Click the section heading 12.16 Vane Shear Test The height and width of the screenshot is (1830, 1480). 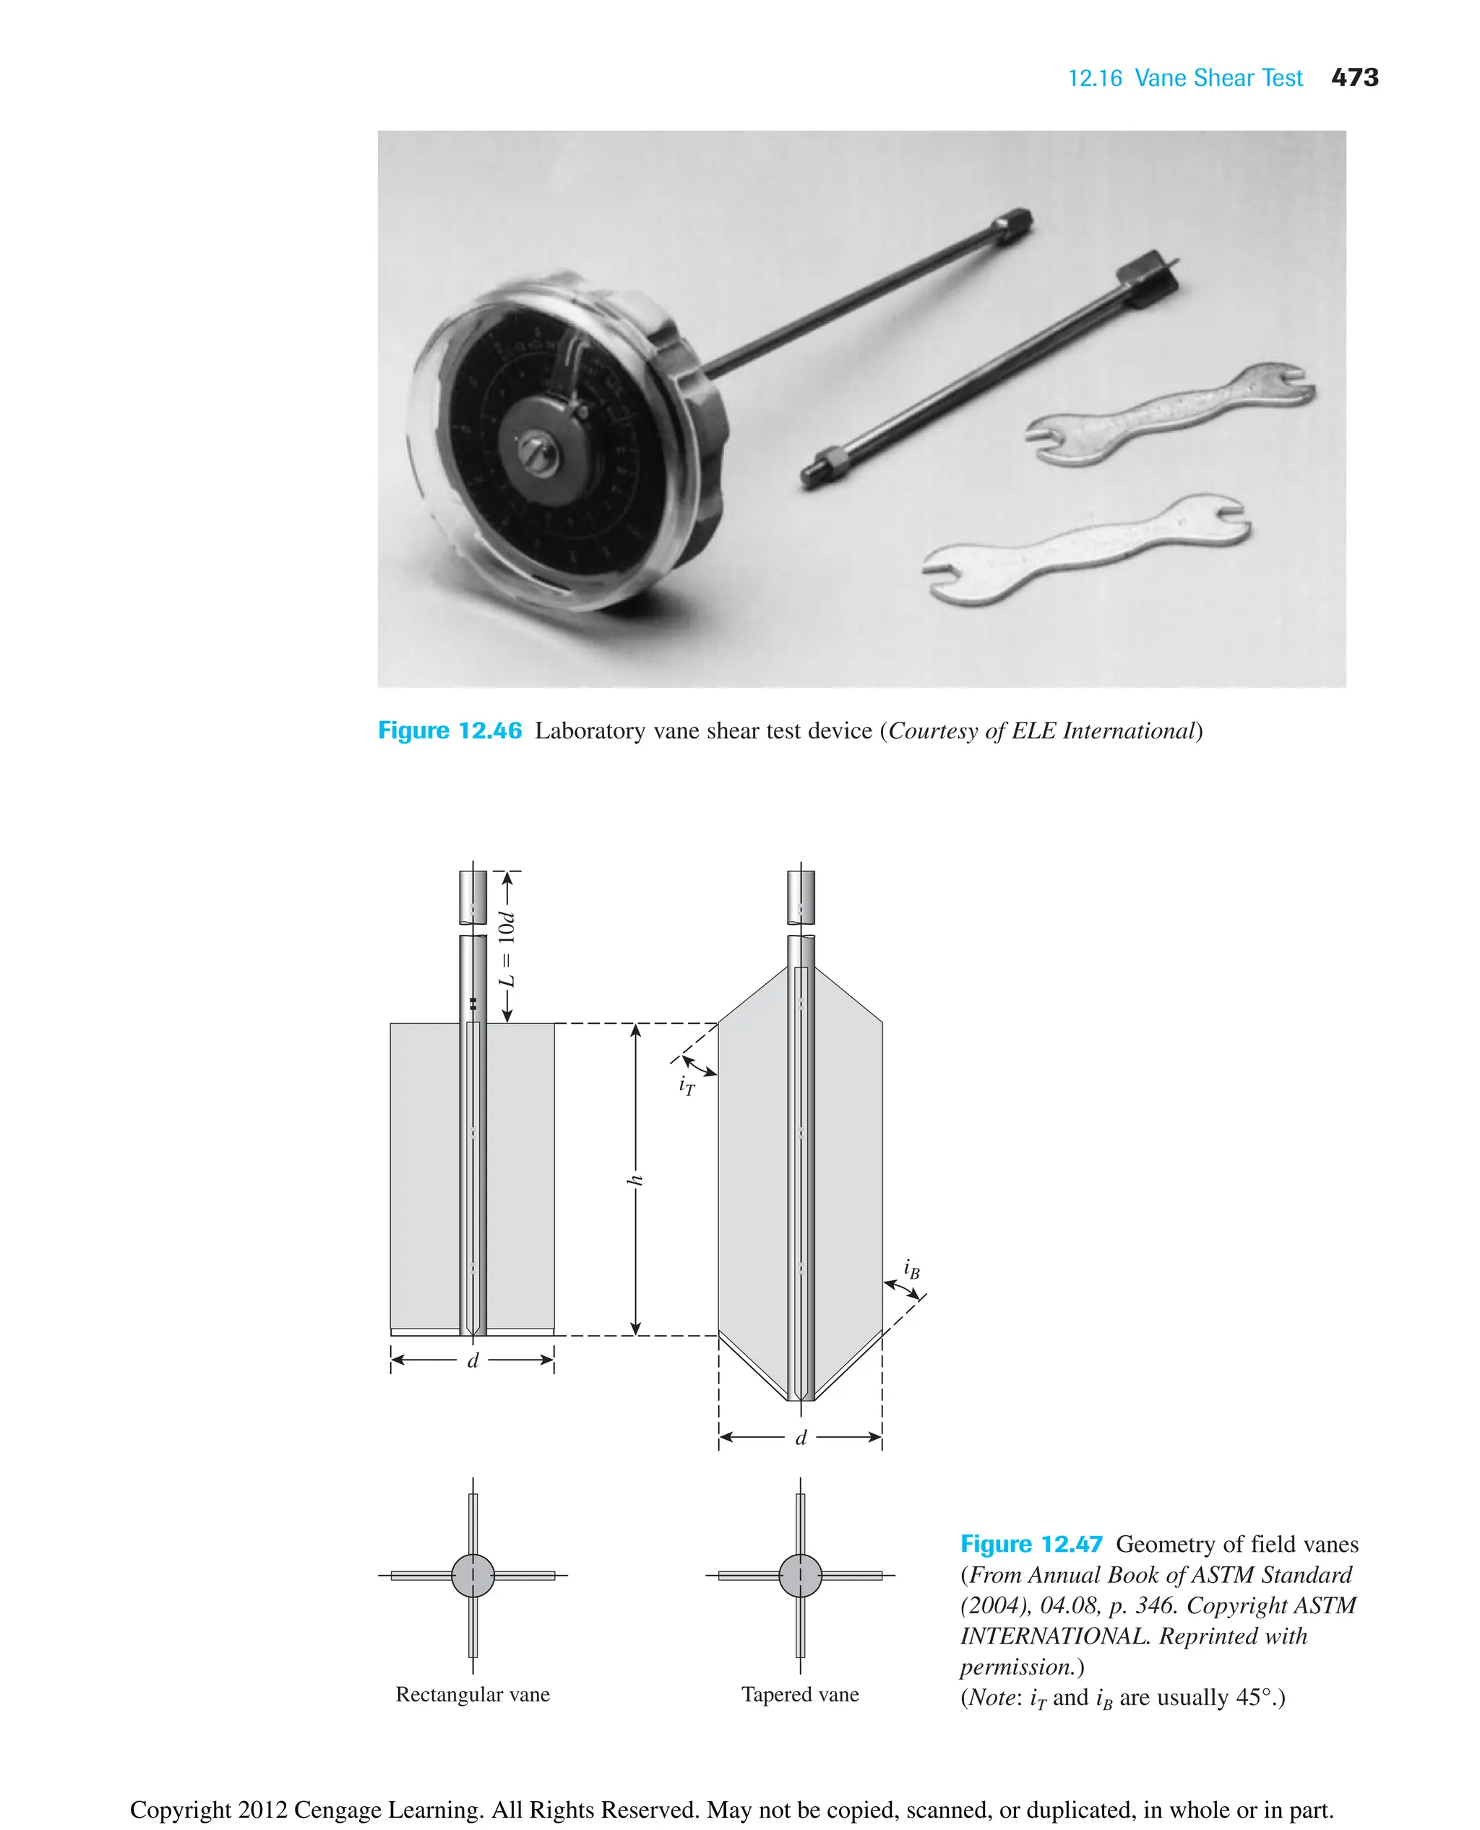tap(1184, 79)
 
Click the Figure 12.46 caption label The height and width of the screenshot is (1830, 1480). tap(449, 730)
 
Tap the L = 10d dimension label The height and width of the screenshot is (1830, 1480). tap(507, 949)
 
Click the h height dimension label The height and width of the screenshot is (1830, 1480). tap(634, 1180)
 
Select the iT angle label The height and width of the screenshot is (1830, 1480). tap(687, 1085)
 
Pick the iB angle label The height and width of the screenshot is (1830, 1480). tap(911, 1269)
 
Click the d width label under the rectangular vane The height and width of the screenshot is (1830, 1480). tap(473, 1360)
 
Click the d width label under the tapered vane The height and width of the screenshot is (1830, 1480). tap(801, 1438)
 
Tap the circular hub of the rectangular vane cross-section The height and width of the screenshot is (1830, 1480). tap(473, 1575)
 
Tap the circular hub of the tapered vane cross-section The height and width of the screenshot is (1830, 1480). tap(801, 1575)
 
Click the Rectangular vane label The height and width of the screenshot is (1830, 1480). tap(473, 1693)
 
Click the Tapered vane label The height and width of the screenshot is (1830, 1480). tap(800, 1693)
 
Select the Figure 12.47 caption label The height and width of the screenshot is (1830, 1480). tap(1031, 1544)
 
